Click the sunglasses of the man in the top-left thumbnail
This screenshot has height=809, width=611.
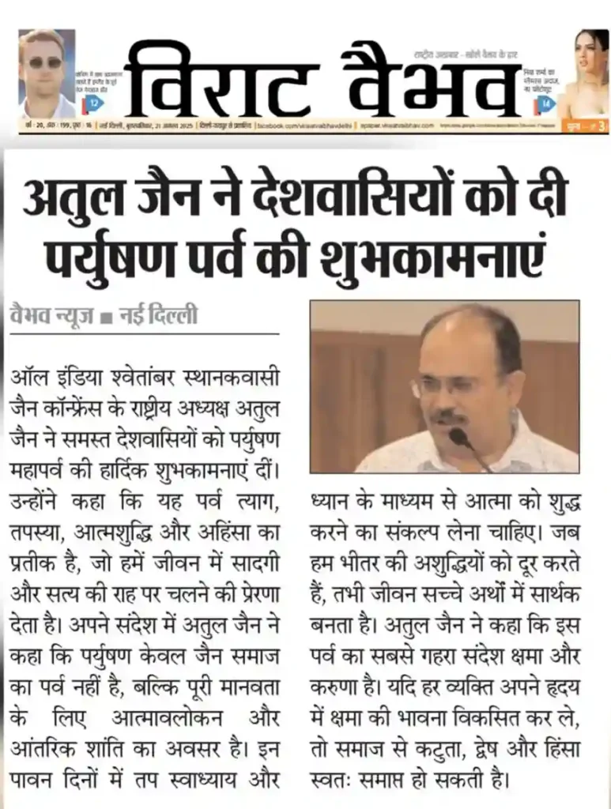[x=45, y=62]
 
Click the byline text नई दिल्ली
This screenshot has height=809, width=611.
[x=157, y=317]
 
